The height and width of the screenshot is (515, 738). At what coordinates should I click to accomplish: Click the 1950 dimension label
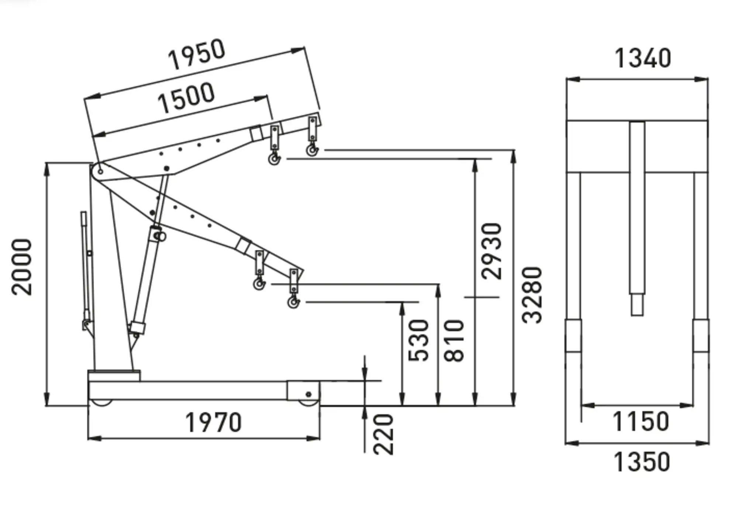(x=196, y=54)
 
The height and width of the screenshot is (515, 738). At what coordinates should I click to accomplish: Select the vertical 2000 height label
(x=22, y=267)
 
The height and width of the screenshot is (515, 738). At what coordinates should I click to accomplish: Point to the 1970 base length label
(x=213, y=422)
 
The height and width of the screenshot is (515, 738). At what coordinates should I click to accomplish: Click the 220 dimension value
(x=383, y=434)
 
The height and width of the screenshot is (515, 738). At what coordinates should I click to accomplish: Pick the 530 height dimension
(x=419, y=340)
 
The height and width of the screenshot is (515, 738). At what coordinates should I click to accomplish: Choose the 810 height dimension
(x=454, y=340)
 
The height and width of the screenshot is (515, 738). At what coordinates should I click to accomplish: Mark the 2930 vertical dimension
(x=492, y=251)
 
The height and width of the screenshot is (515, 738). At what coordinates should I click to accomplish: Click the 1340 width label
(x=642, y=58)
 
